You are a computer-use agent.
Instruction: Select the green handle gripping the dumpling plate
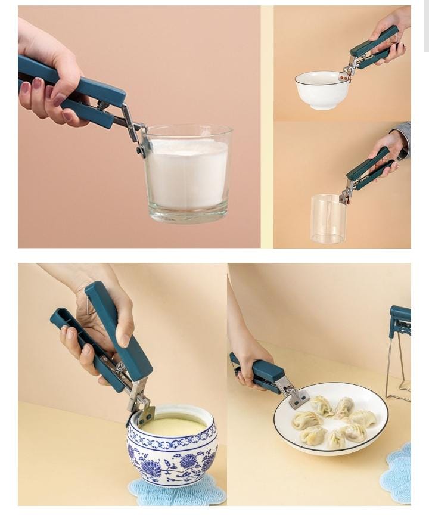(x=260, y=372)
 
